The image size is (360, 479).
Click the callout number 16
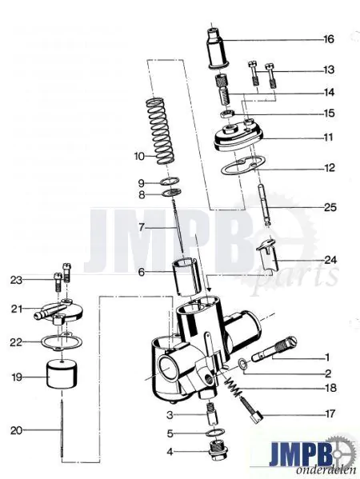329,39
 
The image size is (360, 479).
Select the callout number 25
329,208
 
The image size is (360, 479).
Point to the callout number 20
27,430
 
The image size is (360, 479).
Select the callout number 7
142,227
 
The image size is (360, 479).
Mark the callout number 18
329,388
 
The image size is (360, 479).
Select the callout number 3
170,415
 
